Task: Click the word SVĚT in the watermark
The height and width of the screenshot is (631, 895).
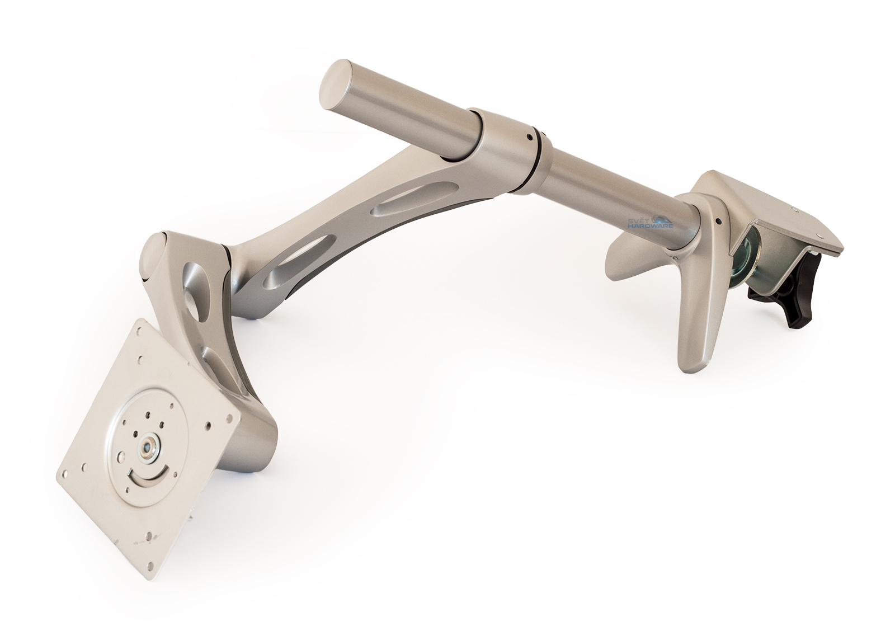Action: coord(639,219)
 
